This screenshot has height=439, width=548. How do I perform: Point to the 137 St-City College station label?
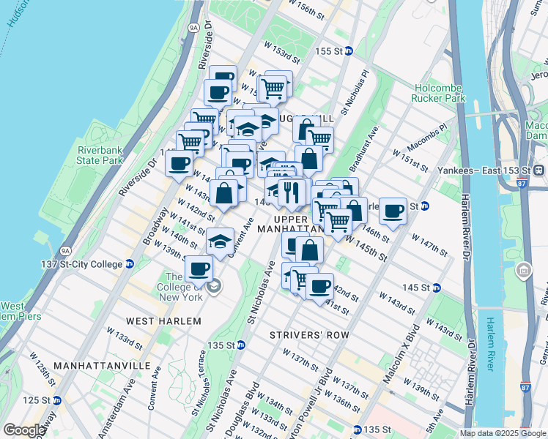pos(87,264)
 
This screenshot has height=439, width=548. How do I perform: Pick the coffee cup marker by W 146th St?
pos(393,210)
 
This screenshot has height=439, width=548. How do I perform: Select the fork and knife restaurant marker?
pos(292,192)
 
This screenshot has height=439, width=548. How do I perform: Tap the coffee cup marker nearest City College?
pos(199,268)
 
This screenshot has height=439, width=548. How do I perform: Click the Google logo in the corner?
pos(24,430)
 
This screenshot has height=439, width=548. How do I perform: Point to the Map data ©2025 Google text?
pos(503,433)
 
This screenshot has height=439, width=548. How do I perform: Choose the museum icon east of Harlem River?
pos(524,272)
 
